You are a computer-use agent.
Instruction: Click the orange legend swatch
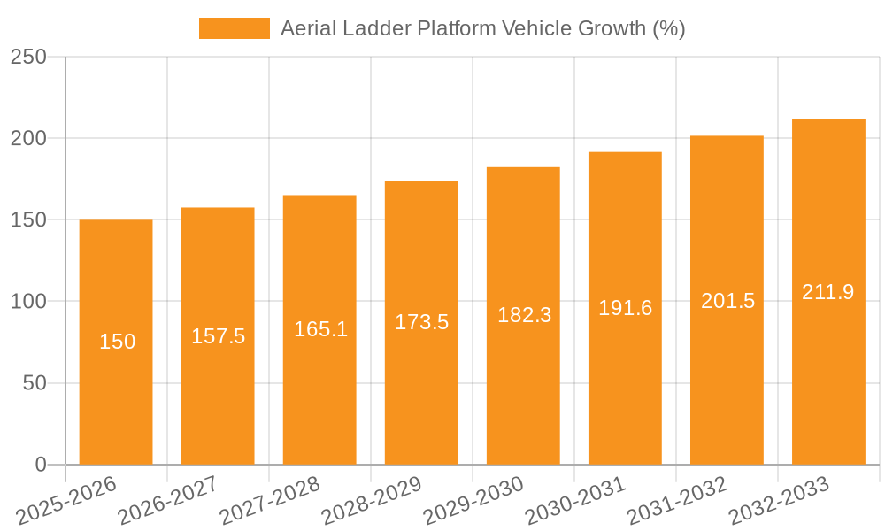tap(234, 28)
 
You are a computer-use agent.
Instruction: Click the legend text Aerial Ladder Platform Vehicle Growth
tap(482, 28)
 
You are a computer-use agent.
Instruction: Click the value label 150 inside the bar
tap(117, 342)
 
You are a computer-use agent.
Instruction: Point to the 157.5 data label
tap(218, 336)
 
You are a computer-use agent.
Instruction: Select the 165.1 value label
tap(320, 330)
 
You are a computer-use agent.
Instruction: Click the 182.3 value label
tap(524, 315)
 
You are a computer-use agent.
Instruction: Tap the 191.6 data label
tap(625, 308)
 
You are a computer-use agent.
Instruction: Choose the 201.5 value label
tap(727, 301)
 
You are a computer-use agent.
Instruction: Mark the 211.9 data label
tap(828, 292)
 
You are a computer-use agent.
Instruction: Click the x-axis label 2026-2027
tap(167, 501)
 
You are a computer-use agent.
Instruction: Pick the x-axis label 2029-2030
tap(473, 501)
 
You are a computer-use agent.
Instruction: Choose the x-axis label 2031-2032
tap(676, 501)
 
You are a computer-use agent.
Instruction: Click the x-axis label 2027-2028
tap(269, 501)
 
